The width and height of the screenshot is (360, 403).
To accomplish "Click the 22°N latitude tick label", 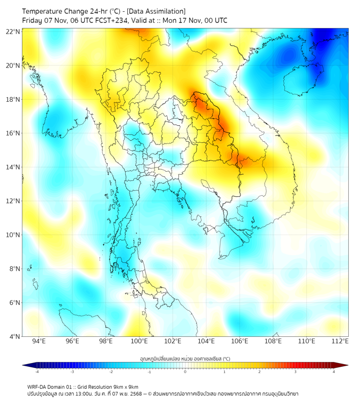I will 13,32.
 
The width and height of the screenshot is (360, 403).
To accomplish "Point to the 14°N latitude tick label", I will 13,167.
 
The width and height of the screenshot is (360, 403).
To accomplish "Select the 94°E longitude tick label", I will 39,342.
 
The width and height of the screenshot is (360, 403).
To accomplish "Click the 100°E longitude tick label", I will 140,342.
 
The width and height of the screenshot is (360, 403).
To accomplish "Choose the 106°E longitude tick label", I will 240,342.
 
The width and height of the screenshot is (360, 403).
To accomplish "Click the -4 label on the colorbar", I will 37,372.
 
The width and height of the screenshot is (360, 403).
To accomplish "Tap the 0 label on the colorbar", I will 185,372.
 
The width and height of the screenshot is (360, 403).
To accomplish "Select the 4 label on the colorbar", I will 334,372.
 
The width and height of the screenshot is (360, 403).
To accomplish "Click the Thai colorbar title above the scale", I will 185,358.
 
